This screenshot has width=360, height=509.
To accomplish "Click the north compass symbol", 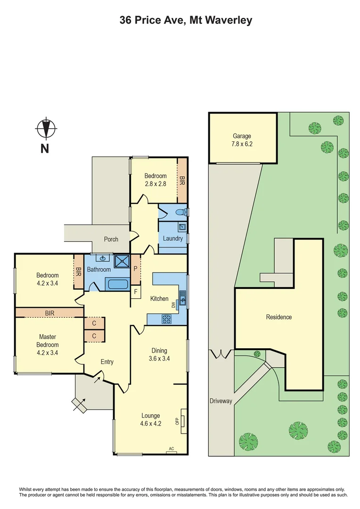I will pyautogui.click(x=46, y=128).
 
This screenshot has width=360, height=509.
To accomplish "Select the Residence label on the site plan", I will pyautogui.click(x=278, y=317).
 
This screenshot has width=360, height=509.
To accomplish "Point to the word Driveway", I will pyautogui.click(x=221, y=401).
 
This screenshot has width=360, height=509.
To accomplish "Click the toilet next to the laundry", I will pyautogui.click(x=180, y=213).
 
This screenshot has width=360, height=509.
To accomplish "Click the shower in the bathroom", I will pyautogui.click(x=122, y=260).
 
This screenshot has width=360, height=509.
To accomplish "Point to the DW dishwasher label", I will pyautogui.click(x=173, y=305).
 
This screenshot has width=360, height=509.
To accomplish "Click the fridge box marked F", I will pyautogui.click(x=136, y=292).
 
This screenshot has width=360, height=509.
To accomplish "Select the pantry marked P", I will pyautogui.click(x=136, y=269).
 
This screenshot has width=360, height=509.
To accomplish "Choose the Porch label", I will pyautogui.click(x=111, y=239).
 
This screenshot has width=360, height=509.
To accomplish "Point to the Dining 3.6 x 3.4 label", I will pyautogui.click(x=159, y=354).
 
